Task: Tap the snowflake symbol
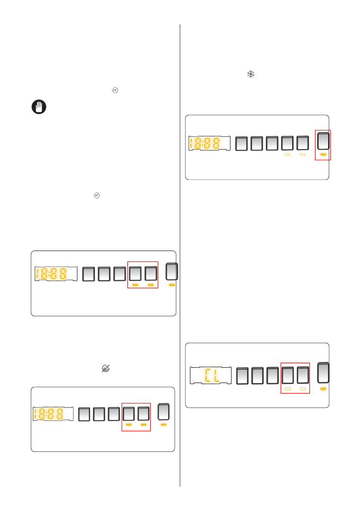coord(250,74)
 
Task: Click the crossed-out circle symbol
coord(106,368)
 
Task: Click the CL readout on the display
coord(211,375)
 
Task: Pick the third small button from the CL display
coord(273,376)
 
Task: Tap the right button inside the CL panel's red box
coord(303,376)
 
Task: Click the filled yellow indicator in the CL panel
coord(324,388)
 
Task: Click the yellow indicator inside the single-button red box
coord(324,153)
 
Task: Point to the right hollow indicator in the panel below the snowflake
coord(303,154)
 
